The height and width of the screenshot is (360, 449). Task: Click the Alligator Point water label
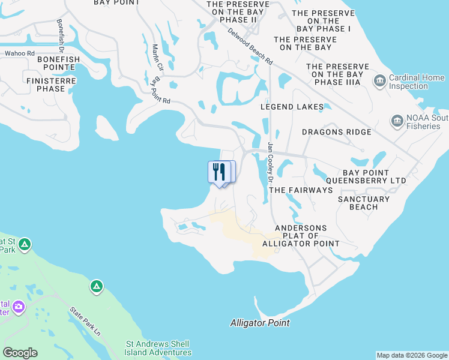coord(260,323)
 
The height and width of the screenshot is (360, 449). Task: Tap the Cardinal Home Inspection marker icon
coord(379,81)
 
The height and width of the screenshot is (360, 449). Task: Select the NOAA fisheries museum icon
coord(397,122)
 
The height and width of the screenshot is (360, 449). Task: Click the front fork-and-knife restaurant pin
coord(218,172)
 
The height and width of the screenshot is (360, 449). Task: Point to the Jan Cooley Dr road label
coord(271,162)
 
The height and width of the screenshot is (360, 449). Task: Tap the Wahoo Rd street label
coord(20,54)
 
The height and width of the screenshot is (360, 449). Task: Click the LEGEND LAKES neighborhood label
coord(292,107)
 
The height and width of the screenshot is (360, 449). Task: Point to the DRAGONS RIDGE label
coord(336,132)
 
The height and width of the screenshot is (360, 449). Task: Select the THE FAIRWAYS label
coord(301,190)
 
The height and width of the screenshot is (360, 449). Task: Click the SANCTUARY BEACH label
coord(364,203)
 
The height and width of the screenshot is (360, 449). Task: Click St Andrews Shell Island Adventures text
coord(158,348)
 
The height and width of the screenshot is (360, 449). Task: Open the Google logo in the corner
coord(20,353)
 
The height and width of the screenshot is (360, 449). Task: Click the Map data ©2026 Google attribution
coord(411,355)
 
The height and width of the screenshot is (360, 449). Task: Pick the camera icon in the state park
coord(19,307)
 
